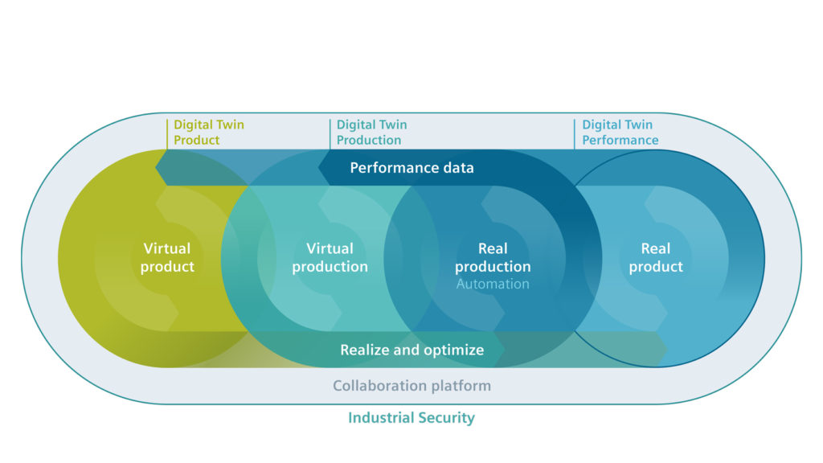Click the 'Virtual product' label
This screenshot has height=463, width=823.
[x=167, y=257]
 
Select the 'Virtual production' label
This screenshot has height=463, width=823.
[x=330, y=257]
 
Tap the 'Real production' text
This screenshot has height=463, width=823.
[x=493, y=257]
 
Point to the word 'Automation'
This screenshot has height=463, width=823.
[x=493, y=284]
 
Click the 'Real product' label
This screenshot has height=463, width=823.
[x=656, y=257]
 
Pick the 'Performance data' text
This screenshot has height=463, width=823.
[x=411, y=168]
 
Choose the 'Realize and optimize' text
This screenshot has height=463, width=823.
[x=411, y=350]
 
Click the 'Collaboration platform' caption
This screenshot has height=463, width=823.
[x=411, y=386]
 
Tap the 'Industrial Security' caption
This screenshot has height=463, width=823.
[x=411, y=418]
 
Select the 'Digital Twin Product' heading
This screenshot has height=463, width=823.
[x=208, y=133]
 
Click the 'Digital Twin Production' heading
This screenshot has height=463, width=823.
[x=371, y=133]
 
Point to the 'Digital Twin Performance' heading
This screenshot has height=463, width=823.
[x=620, y=133]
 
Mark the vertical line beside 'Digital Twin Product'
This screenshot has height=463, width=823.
[x=167, y=133]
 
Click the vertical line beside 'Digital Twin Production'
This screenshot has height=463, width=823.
[x=330, y=133]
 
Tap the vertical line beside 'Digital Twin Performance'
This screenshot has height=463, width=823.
[x=575, y=133]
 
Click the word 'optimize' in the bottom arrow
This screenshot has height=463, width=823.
[x=455, y=350]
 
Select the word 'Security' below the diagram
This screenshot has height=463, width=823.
[x=446, y=418]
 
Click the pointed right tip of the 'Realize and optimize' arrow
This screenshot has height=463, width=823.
[x=666, y=349]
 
